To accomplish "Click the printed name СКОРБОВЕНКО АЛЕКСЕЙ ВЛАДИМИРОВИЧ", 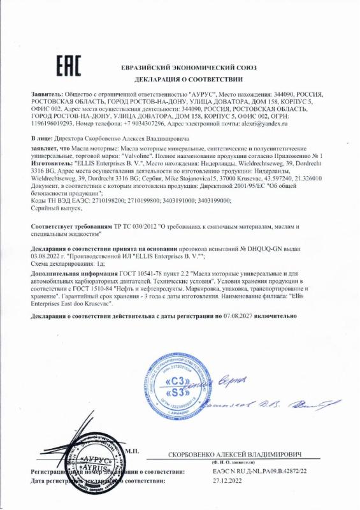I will coord(234,455).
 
